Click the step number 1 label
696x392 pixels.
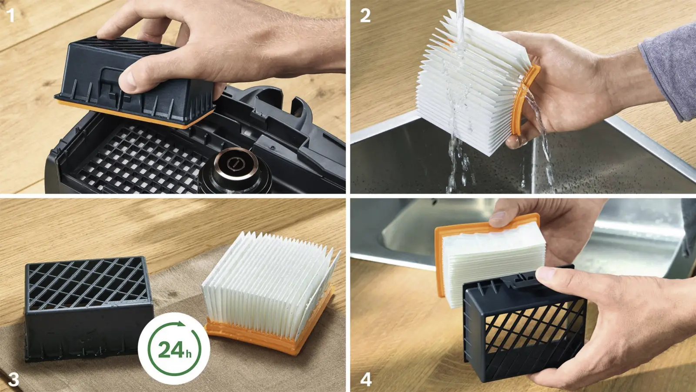(11, 15)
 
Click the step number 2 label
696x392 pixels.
(365, 15)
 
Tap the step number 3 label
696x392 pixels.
(13, 379)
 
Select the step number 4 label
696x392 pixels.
(366, 379)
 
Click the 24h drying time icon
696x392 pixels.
(174, 349)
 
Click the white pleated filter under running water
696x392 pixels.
(472, 84)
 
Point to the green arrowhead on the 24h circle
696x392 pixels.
(180, 324)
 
